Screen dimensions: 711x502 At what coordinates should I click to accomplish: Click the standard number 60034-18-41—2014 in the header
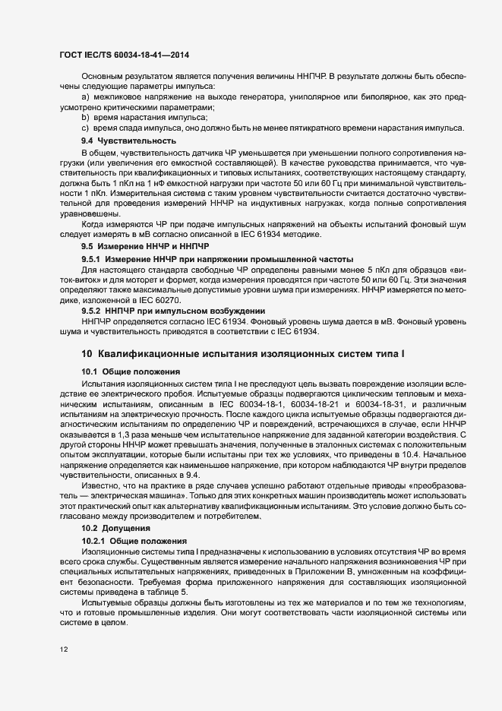150,55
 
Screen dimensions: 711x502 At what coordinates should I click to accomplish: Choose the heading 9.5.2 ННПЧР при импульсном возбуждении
172,311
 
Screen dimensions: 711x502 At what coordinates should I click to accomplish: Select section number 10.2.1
94,539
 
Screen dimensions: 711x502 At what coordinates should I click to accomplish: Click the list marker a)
85,97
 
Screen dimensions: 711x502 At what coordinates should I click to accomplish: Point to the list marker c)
85,128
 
